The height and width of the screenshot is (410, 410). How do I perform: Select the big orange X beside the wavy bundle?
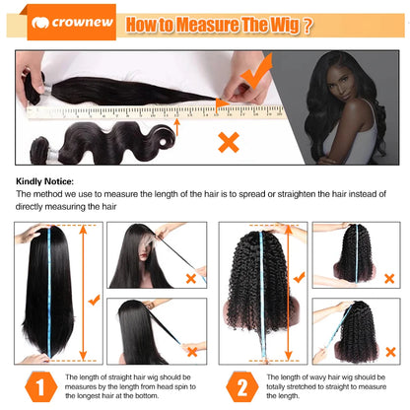228,142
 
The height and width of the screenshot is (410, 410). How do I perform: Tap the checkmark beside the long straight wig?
92,299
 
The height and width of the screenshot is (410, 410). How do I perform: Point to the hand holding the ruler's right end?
241,95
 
